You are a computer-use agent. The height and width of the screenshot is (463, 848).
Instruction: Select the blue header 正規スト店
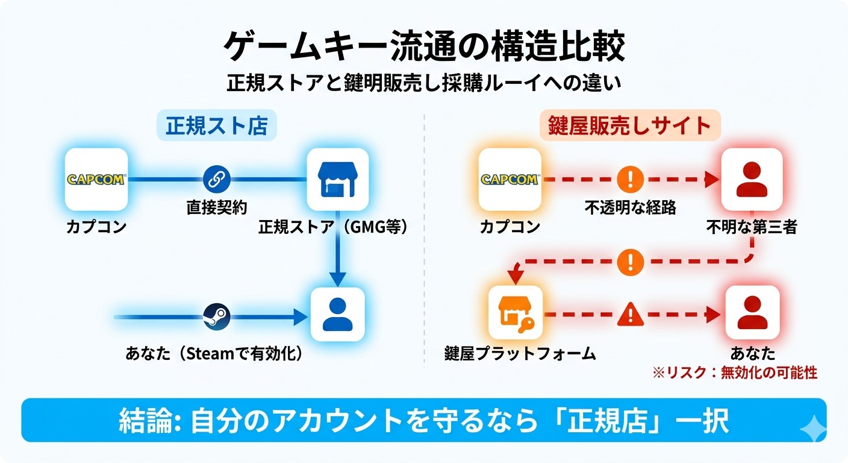(x=217, y=127)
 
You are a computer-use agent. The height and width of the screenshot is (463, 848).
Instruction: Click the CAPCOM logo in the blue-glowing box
(x=96, y=179)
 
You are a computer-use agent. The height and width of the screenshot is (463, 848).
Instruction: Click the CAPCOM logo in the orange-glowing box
(x=510, y=179)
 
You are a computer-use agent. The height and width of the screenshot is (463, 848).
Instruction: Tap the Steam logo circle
(x=216, y=315)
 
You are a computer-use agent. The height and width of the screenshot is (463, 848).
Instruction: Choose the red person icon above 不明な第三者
(x=752, y=179)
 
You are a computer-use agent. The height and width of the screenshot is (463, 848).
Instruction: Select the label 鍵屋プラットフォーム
(x=519, y=353)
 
